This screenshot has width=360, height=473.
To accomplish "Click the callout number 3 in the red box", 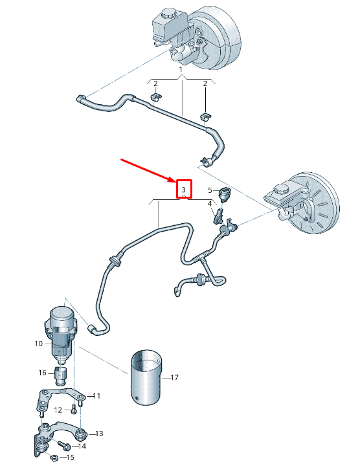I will pos(184,189).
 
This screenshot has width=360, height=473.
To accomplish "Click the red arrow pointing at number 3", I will pos(148,169).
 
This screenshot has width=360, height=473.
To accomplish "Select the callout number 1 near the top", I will pos(181,69).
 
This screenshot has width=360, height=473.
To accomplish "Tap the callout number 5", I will pos(210,190).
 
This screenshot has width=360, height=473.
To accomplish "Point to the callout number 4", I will pos(209,204).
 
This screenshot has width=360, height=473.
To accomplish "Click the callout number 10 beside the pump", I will pos(39,344).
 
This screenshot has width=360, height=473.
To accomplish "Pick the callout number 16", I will pos(42,373).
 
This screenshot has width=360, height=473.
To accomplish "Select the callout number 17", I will pos(174,377).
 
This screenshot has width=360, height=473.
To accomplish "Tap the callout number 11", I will pos(98,395).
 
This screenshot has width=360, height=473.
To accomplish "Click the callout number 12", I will pos(58,410).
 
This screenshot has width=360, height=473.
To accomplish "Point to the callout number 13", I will pos(99,433).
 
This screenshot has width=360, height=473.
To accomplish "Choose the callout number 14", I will pos(82,446).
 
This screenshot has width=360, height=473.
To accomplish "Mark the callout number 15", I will pos(70,457).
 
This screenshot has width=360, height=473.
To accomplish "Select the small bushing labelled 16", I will pos(62,374).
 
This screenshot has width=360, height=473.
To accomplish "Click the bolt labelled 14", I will pos(65,445).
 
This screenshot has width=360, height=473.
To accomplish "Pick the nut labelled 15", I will pos(54,458).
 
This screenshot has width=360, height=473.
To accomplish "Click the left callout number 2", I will pos(155,83).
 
